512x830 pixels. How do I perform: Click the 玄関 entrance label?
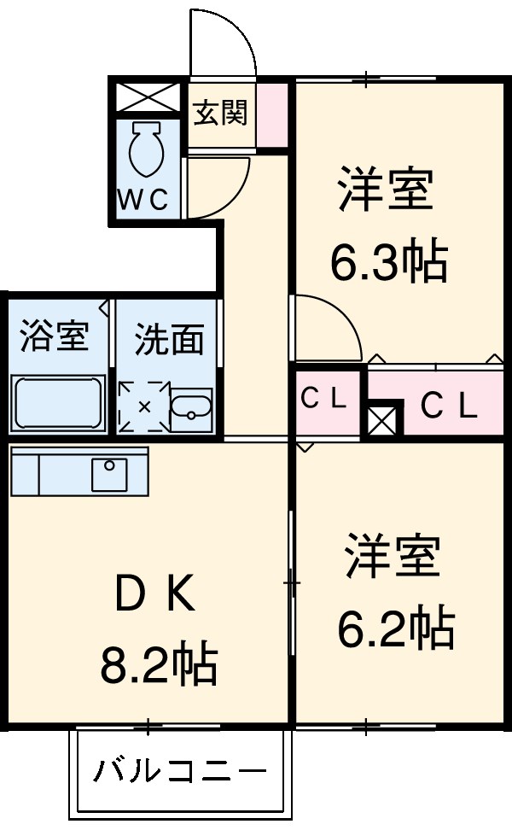(x=220, y=113)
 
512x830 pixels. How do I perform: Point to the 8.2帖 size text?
(x=158, y=664)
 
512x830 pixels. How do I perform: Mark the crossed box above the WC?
(x=147, y=96)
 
